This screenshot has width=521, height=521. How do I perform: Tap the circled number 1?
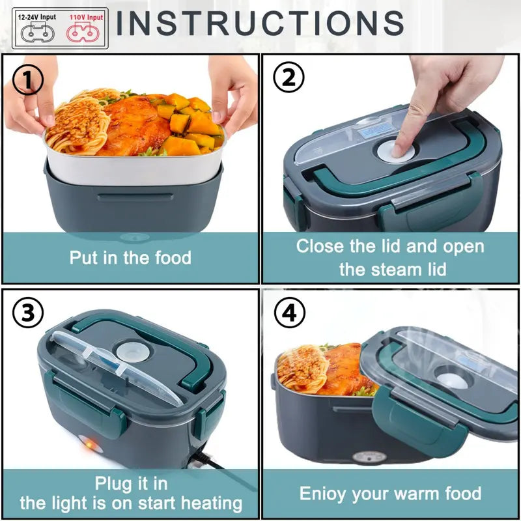tap(28, 81)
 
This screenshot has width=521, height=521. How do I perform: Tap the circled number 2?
tap(289, 77)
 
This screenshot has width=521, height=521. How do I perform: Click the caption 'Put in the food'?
tap(130, 257)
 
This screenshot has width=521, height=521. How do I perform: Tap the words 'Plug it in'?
tap(131, 483)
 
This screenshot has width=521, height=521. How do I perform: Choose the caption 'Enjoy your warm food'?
tap(390, 493)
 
